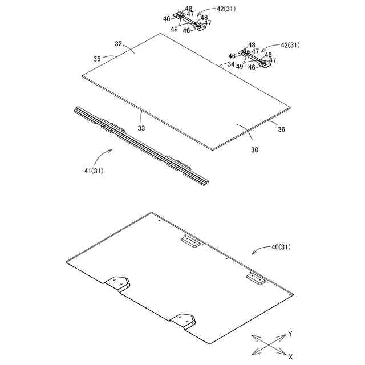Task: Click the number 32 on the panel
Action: pyautogui.click(x=118, y=44)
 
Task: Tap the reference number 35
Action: pyautogui.click(x=97, y=58)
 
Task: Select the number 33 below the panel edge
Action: pyautogui.click(x=141, y=128)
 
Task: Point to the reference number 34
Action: pyautogui.click(x=230, y=64)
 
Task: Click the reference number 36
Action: pyautogui.click(x=281, y=129)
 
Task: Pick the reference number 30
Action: pyautogui.click(x=254, y=150)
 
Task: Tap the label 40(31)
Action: pyautogui.click(x=281, y=247)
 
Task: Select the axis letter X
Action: pyautogui.click(x=290, y=356)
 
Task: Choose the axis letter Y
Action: pyautogui.click(x=290, y=333)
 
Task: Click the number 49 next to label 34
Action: pyautogui.click(x=240, y=66)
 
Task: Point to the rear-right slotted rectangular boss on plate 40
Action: pyautogui.click(x=256, y=279)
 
